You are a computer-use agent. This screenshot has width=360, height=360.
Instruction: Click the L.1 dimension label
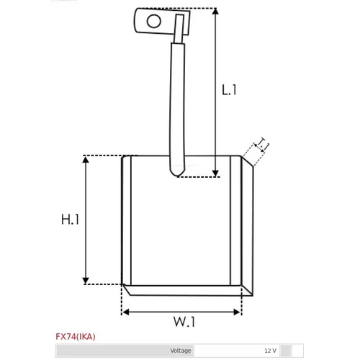pos(229,90)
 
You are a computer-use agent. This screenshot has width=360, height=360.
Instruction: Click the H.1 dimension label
pos(70,220)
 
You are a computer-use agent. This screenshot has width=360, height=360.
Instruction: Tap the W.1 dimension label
pos(184,322)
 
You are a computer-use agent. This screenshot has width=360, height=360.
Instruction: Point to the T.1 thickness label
pos(263,144)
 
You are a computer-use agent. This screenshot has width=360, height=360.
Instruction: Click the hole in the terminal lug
pos(153,21)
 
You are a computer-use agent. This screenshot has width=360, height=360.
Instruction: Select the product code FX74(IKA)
pos(76,337)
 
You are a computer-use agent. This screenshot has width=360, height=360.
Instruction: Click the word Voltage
pos(181,351)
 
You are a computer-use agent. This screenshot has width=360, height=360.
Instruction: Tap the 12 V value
pos(271,351)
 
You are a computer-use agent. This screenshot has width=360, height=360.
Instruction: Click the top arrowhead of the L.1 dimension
pos(215,11)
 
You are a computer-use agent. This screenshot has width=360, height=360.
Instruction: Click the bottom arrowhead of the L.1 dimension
pos(215,174)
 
